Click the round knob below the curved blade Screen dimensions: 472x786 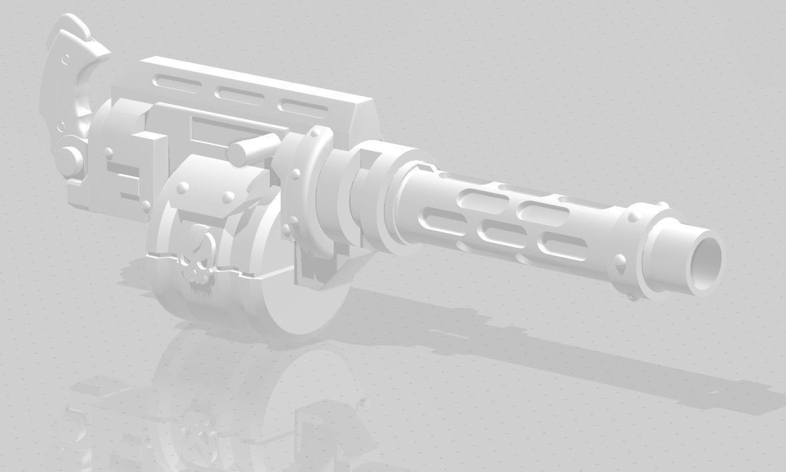pyautogui.click(x=67, y=160)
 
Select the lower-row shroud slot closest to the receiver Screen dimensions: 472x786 pyautogui.click(x=440, y=217)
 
